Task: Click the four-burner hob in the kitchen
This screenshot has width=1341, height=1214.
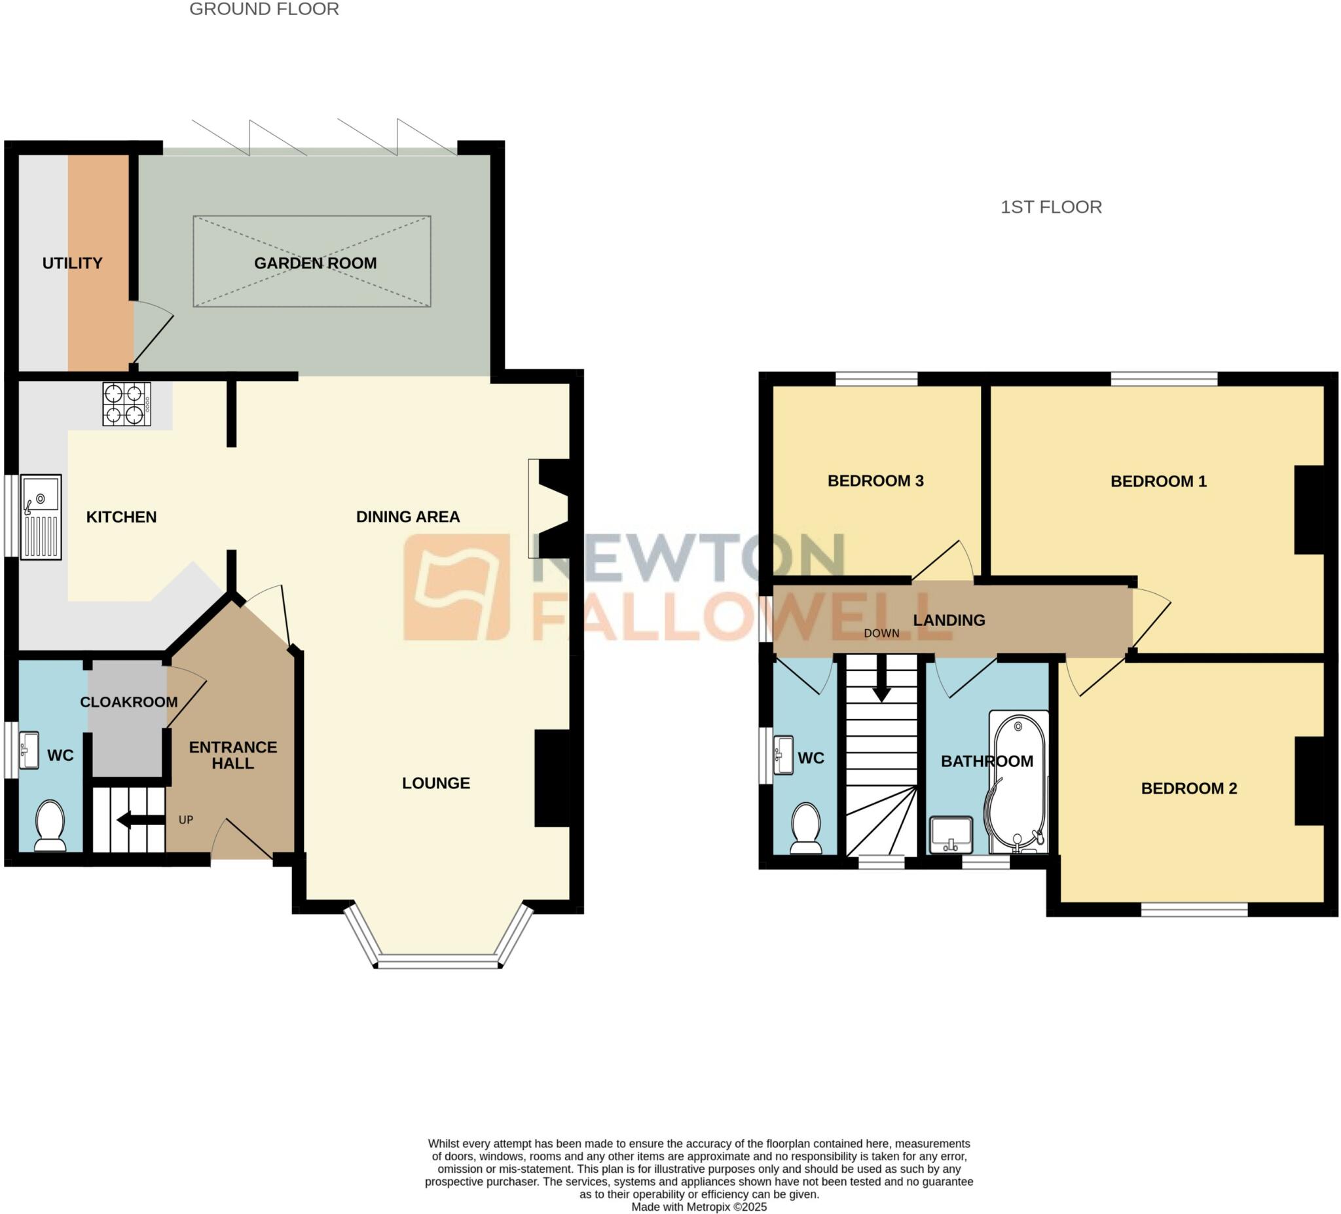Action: pos(126,404)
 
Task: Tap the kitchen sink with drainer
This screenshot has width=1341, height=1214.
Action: pos(41,517)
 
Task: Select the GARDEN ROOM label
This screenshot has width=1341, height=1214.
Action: pos(316,263)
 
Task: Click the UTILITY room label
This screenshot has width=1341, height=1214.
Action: pos(73,263)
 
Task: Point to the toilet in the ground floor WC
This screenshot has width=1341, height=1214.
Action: pos(50,826)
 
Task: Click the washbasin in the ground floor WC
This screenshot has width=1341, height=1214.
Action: pos(29,750)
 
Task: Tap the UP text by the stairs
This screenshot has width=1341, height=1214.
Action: pos(186,820)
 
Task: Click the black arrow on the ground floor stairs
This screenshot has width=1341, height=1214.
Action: pos(140,820)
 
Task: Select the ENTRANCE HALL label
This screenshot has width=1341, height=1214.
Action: pos(233,755)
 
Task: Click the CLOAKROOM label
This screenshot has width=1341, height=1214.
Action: pos(129,702)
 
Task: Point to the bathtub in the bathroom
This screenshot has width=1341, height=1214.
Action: pos(1018,782)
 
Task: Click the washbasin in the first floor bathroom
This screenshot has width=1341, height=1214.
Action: pos(951,835)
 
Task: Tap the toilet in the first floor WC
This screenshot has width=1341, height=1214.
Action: pos(806,828)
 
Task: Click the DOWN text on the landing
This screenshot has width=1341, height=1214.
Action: pos(881,633)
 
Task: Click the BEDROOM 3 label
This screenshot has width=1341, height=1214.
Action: pos(875,481)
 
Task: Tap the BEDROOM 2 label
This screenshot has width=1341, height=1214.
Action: pos(1188,788)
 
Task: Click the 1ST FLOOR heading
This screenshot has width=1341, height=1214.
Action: pos(1051,207)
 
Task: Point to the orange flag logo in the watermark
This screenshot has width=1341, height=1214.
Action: pos(457,587)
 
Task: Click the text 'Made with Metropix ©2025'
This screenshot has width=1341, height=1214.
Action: pos(699,1207)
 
